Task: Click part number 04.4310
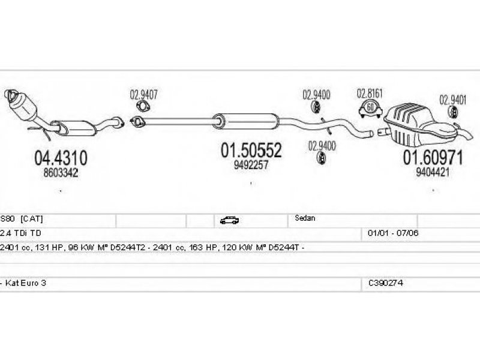click(61, 158)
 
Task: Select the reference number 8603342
click(61, 172)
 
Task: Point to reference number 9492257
click(251, 165)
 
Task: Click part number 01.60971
click(433, 158)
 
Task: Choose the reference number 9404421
click(433, 172)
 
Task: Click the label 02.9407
click(144, 94)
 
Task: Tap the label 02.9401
click(453, 100)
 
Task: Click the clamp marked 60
click(370, 109)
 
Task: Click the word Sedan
click(305, 219)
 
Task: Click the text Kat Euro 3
click(25, 283)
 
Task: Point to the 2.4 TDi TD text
click(20, 232)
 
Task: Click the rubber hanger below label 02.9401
click(453, 114)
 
